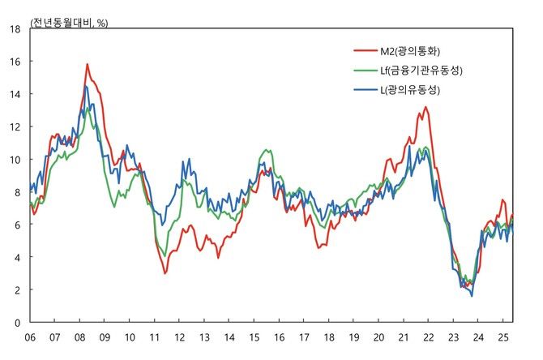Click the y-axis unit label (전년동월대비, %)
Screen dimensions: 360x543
click(x=70, y=23)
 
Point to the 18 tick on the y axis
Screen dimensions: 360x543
click(x=15, y=28)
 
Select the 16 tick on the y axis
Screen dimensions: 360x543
click(x=15, y=61)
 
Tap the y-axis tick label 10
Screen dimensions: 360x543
click(x=15, y=159)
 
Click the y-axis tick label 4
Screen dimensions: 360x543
click(x=17, y=257)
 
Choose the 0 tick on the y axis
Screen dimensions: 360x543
click(x=17, y=323)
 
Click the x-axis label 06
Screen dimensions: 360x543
click(x=30, y=336)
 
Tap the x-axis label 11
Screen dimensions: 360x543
click(x=155, y=336)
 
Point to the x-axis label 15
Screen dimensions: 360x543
click(x=254, y=336)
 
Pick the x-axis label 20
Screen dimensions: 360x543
click(x=378, y=336)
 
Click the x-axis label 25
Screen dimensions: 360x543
click(x=503, y=336)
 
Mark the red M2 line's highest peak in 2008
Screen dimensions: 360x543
click(x=87, y=64)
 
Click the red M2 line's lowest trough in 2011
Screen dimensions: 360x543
click(x=165, y=273)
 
